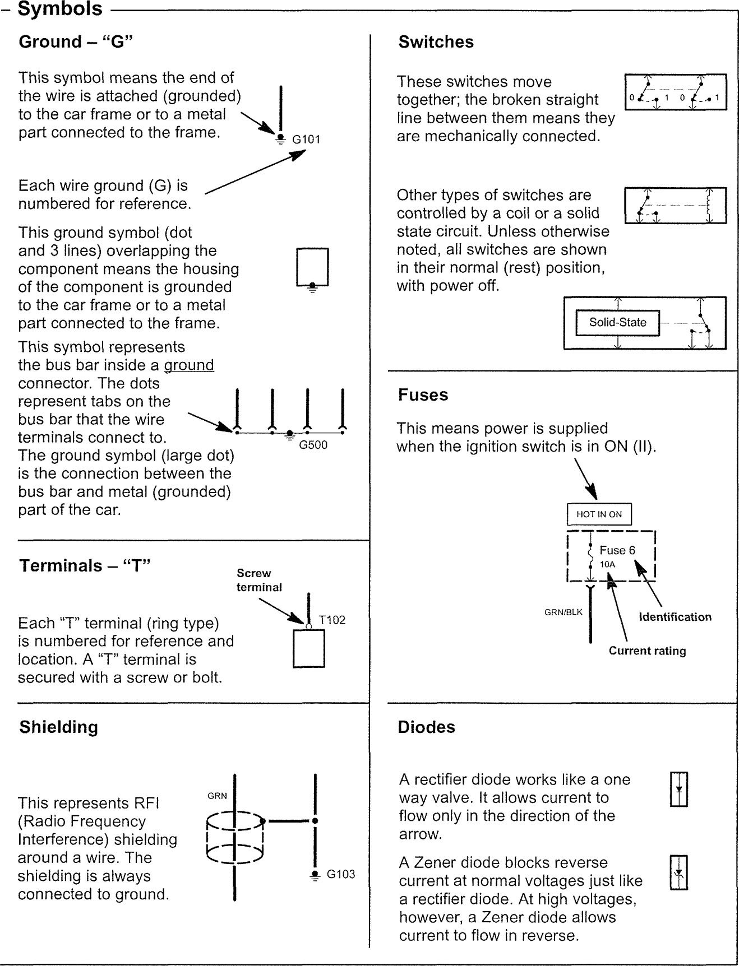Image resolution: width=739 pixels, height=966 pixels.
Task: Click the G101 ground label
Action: [x=306, y=139]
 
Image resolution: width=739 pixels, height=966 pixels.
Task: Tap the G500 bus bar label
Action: [x=313, y=445]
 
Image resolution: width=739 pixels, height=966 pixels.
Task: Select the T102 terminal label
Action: [x=332, y=620]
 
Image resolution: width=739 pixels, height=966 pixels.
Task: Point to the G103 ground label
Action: [x=341, y=874]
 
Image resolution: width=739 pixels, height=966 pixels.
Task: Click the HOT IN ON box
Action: [x=599, y=514]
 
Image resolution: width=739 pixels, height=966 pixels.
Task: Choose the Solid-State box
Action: [x=617, y=323]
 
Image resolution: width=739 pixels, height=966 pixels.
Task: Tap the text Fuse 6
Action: [x=617, y=550]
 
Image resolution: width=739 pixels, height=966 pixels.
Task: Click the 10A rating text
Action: [x=607, y=564]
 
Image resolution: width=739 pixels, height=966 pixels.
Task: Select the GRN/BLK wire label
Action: [x=563, y=612]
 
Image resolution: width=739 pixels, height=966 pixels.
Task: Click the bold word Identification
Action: [x=675, y=617]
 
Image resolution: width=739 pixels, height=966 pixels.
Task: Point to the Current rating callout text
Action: [x=647, y=651]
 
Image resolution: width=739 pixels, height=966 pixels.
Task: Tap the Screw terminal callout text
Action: [x=258, y=580]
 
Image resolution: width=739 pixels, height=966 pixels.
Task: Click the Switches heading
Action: [x=436, y=42]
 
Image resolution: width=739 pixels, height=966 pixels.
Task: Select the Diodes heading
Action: [x=426, y=727]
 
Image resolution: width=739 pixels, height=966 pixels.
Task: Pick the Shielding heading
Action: [x=58, y=727]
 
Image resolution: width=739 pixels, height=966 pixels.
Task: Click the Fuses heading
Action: [x=423, y=395]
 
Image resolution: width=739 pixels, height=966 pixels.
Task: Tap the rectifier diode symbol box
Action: [x=679, y=789]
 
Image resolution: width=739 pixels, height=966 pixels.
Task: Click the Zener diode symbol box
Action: [x=679, y=872]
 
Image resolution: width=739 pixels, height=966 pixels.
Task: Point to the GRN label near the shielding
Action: [x=217, y=796]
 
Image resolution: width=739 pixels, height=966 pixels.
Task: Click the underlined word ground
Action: [x=189, y=365]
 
